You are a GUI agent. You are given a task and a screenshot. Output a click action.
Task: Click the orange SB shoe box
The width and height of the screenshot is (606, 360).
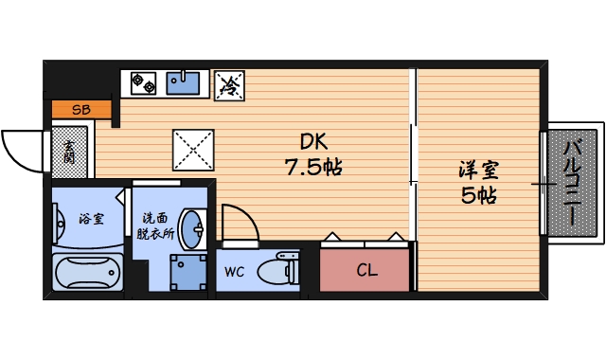(x=80, y=110)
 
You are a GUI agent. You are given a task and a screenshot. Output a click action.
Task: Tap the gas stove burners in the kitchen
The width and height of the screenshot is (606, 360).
(x=143, y=82)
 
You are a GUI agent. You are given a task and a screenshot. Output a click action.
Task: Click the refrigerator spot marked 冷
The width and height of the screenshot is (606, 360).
(x=228, y=84)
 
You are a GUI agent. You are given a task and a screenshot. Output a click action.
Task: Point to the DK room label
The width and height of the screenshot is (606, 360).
(x=313, y=143)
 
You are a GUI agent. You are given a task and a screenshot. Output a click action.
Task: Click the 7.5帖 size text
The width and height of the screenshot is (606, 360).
(x=313, y=168)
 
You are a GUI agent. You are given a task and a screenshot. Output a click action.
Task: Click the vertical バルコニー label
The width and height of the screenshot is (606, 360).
(x=573, y=182)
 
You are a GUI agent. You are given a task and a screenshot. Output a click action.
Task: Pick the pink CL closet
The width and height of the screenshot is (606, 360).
(x=365, y=271)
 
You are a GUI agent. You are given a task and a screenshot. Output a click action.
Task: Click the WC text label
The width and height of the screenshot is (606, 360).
(x=235, y=273)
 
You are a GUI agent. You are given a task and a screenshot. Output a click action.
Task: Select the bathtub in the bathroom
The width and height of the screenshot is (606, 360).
(x=89, y=275)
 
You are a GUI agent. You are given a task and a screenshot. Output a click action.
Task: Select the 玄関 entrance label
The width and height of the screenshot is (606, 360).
(x=71, y=153)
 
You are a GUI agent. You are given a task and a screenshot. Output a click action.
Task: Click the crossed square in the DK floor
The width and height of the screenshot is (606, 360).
(x=194, y=150)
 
